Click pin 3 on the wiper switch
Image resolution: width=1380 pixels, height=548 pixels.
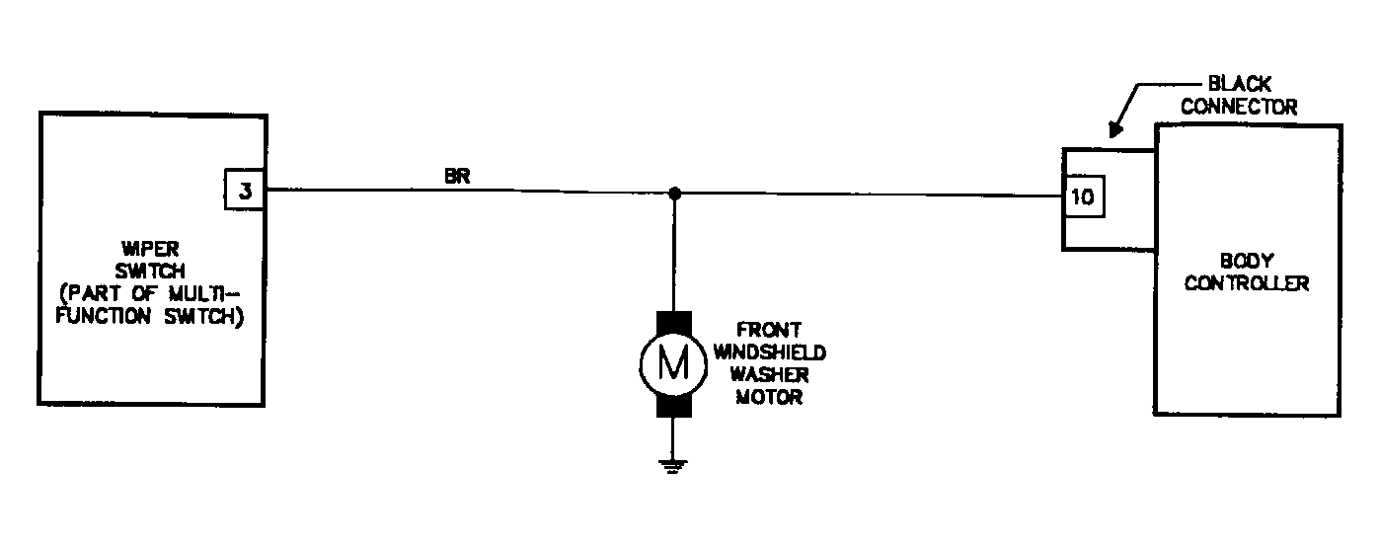pos(245,190)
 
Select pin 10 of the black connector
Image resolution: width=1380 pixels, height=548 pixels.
pos(1083,196)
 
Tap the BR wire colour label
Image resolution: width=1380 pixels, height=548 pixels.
pos(457,177)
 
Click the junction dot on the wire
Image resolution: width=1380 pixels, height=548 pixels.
pos(674,194)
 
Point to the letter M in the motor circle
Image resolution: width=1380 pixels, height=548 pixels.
pos(673,363)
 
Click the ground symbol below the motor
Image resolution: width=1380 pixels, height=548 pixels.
pos(672,467)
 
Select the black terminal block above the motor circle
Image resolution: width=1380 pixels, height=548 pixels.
pos(674,324)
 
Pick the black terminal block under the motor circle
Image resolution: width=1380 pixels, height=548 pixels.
pos(674,406)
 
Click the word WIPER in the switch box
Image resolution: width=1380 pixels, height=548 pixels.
pos(150,249)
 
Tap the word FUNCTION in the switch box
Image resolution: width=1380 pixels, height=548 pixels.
pos(104,316)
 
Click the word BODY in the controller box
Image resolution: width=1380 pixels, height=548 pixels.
pos(1247,261)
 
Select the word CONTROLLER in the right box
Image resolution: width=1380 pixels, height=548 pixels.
pos(1247,283)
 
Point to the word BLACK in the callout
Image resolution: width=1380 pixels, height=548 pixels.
pos(1240,84)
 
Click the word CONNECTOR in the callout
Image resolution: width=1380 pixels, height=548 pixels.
pos(1239,107)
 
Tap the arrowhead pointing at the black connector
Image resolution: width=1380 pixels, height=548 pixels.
pos(1115,129)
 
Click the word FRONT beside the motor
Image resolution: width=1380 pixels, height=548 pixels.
pos(769,330)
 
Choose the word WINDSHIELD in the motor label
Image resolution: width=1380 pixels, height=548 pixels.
pos(770,352)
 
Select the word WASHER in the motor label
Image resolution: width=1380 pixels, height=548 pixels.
pos(770,375)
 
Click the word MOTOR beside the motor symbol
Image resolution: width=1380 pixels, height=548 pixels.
pos(770,398)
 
